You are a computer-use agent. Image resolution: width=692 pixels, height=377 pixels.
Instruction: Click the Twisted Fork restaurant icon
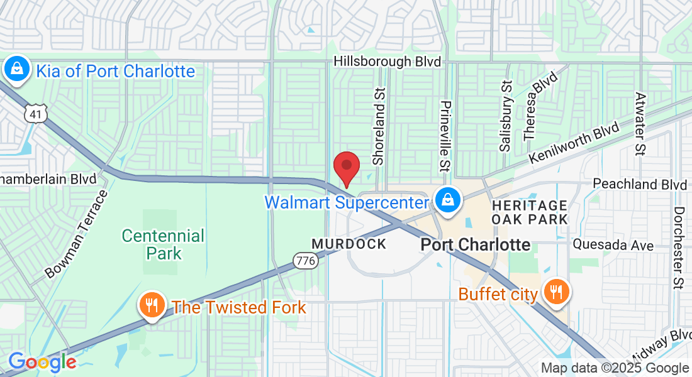click(151, 306)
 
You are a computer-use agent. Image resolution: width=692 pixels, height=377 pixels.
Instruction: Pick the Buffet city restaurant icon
click(556, 292)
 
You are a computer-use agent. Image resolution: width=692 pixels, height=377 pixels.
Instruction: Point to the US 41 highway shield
click(33, 113)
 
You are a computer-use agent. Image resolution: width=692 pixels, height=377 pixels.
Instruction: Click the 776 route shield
click(304, 259)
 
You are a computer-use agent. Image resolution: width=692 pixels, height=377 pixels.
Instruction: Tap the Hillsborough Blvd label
click(388, 62)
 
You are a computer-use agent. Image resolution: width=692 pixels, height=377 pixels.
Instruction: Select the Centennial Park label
click(163, 244)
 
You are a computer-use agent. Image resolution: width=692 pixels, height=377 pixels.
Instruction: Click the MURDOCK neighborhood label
click(349, 244)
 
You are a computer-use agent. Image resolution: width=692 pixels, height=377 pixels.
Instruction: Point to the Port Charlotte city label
click(475, 244)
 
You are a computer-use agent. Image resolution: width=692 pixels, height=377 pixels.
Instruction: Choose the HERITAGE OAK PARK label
click(529, 212)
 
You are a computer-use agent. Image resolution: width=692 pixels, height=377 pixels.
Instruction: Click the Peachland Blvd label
click(640, 185)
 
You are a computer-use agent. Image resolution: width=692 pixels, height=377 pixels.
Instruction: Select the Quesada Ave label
click(613, 245)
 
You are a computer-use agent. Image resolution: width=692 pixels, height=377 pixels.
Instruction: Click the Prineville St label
click(445, 136)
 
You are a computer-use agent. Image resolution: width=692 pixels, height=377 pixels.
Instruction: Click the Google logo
click(42, 363)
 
